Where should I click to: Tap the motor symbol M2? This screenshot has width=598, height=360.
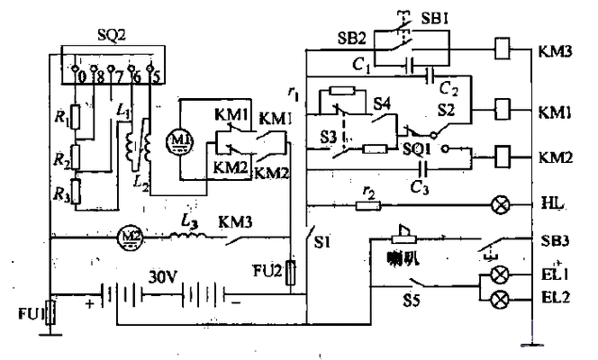(x=130, y=238)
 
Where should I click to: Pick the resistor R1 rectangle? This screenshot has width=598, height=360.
(x=76, y=116)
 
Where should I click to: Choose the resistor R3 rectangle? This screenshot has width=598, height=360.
(x=77, y=191)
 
